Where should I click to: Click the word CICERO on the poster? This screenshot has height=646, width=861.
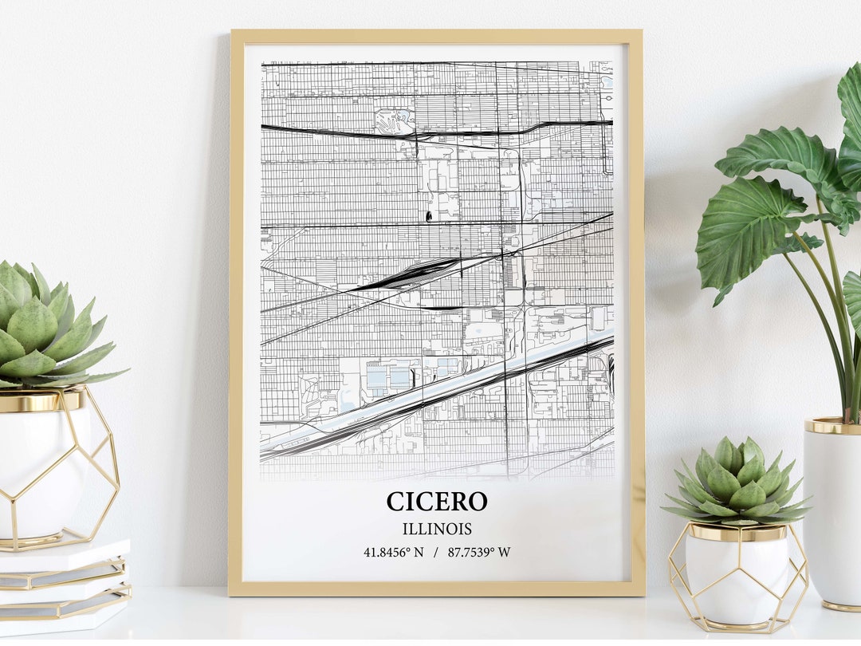(436, 502)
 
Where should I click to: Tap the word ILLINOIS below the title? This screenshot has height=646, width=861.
(436, 529)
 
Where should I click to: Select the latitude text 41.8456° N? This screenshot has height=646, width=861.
(394, 552)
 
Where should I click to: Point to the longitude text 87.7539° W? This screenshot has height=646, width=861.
(479, 552)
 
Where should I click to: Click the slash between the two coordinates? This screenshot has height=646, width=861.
(436, 552)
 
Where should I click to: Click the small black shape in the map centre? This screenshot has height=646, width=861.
(429, 215)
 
